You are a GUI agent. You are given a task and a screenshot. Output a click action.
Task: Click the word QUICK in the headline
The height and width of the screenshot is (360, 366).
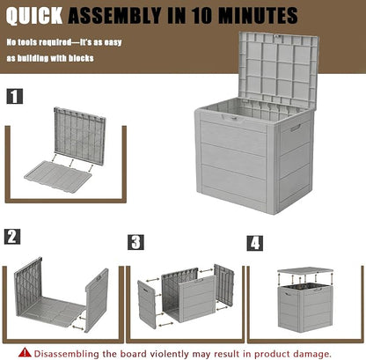pyautogui.click(x=34, y=16)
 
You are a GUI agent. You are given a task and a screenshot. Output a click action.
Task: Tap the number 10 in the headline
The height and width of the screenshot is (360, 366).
pyautogui.click(x=202, y=16)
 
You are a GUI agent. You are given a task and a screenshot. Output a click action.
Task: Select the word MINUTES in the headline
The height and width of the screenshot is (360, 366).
pyautogui.click(x=259, y=16)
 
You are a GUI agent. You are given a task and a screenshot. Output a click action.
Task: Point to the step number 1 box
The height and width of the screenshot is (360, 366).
pyautogui.click(x=14, y=96)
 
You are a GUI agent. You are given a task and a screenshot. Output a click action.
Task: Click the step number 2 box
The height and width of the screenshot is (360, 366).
pyautogui.click(x=12, y=237)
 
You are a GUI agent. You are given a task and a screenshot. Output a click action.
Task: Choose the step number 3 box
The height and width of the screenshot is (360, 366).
pyautogui.click(x=135, y=242)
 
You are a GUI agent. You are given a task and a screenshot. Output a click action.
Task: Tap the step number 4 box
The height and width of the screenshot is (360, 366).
pyautogui.click(x=255, y=243)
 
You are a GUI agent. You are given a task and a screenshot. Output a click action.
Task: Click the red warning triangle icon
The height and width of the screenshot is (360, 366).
pyautogui.click(x=25, y=352)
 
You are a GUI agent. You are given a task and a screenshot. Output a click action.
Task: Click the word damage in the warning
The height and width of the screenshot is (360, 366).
pyautogui.click(x=312, y=354)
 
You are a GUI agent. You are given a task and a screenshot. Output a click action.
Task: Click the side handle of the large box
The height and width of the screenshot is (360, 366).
pyautogui.click(x=296, y=128)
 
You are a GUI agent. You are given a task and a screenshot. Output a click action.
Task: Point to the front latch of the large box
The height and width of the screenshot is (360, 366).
pyautogui.click(x=232, y=118)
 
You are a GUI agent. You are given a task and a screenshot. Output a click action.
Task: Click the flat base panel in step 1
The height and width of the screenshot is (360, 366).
pyautogui.click(x=58, y=177)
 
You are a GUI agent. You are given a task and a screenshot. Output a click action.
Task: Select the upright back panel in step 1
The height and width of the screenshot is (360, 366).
pyautogui.click(x=80, y=136)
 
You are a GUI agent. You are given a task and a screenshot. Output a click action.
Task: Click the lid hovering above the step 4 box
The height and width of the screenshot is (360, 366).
pyautogui.click(x=305, y=270)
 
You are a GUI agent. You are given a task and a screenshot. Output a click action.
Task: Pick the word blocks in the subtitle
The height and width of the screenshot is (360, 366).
pyautogui.click(x=81, y=58)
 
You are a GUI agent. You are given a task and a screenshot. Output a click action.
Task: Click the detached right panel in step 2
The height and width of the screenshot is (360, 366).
pyautogui.click(x=97, y=300)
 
